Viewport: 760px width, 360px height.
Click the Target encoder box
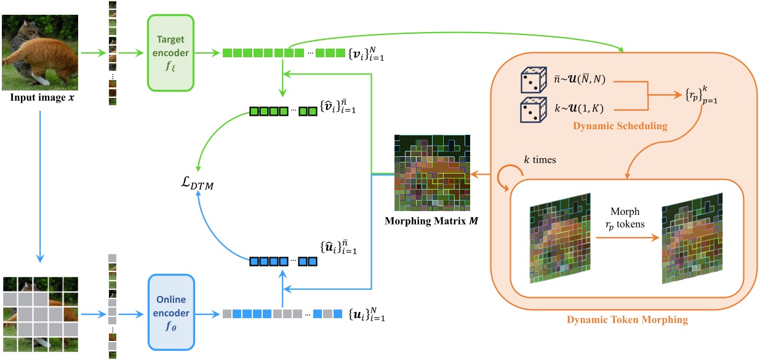coord(170,52)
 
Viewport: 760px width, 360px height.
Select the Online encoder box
coord(170,313)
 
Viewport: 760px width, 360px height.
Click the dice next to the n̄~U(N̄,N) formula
coord(532,81)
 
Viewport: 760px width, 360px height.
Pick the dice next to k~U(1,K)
coord(532,109)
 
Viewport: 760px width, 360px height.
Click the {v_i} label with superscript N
coord(367,54)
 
